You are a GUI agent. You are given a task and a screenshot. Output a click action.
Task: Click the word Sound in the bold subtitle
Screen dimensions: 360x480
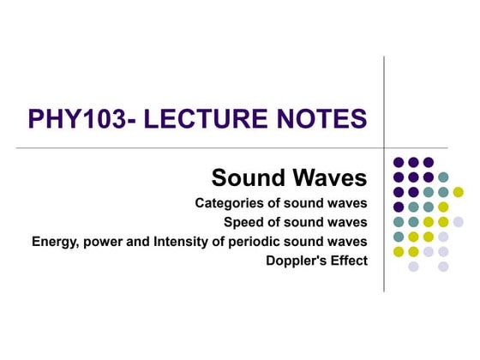pyautogui.click(x=249, y=178)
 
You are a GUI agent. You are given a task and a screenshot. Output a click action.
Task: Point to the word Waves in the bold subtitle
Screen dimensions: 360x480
pyautogui.click(x=328, y=178)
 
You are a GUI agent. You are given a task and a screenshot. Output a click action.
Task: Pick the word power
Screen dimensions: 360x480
pyautogui.click(x=104, y=242)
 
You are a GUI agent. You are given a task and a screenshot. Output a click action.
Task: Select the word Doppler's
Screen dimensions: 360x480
pyautogui.click(x=300, y=260)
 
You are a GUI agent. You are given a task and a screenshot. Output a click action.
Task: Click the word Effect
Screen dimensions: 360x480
pyautogui.click(x=351, y=260)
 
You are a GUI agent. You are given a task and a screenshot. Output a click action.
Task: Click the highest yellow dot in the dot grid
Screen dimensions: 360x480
pyautogui.click(x=458, y=191)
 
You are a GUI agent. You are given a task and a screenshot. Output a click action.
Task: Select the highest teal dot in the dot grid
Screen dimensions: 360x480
pyautogui.click(x=443, y=177)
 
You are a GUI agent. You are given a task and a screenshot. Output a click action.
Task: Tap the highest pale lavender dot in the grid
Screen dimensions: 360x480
pyautogui.click(x=458, y=221)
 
